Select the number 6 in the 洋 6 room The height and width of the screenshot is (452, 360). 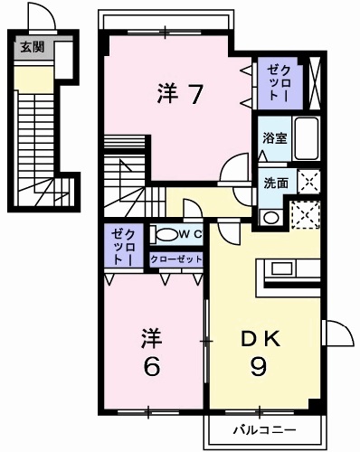coord(152,369)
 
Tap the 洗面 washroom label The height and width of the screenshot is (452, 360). coord(276,182)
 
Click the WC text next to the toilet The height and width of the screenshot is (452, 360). coord(189,235)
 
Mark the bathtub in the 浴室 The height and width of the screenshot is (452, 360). coord(307,139)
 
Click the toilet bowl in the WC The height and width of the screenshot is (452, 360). coord(166,235)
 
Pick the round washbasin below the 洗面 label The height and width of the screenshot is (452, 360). coord(270,217)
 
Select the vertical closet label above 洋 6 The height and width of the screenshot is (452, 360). coord(120,247)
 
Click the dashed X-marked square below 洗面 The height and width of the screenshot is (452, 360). coord(304,213)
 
